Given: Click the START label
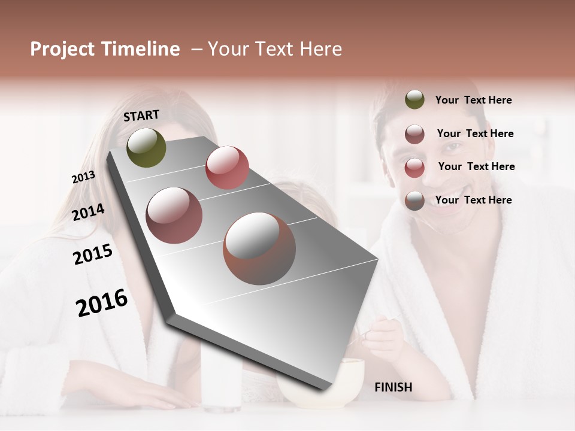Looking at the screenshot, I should tap(141, 116).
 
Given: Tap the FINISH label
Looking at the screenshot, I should tap(393, 387).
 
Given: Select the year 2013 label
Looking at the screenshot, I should tap(83, 177).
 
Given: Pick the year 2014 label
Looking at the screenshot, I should tap(88, 213).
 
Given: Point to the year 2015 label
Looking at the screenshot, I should tap(93, 254).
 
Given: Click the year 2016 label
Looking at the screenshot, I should tap(102, 303).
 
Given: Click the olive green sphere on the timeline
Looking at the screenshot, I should tap(146, 147).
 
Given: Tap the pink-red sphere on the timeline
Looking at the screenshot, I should tap(227, 168).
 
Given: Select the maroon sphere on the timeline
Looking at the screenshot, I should tap(174, 215).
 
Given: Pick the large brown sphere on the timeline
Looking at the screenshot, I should tap(259, 248).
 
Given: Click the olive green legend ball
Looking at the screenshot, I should tap(414, 100).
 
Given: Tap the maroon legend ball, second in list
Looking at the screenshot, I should tap(414, 134).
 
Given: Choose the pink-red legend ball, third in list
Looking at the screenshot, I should tap(414, 168).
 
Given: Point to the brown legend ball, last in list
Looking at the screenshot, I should tap(414, 201).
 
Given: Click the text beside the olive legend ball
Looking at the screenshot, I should tap(473, 101).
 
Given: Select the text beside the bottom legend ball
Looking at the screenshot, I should tap(473, 200).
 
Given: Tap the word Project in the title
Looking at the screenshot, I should tap(62, 49).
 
